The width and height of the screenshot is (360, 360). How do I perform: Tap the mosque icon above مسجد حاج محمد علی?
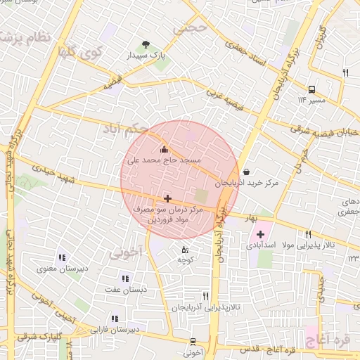tap(165, 149)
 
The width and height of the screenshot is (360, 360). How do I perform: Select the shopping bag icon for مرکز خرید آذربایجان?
tap(245, 172)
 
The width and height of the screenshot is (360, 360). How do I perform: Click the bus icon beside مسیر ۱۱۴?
tap(311, 89)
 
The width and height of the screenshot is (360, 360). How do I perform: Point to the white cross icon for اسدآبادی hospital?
tap(260, 234)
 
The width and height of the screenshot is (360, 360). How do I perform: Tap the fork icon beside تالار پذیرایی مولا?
tap(308, 234)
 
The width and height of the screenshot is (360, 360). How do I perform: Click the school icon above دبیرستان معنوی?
tap(62, 257)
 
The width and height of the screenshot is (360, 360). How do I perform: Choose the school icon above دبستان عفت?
tap(126, 278)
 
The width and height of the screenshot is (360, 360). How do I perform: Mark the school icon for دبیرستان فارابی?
tap(115, 319)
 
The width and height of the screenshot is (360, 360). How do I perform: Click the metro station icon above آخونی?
tap(193, 342)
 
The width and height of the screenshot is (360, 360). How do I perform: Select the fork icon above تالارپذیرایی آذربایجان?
tap(205, 297)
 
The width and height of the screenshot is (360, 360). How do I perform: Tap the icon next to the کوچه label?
tap(185, 250)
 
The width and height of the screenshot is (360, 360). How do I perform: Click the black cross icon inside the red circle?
tap(167, 199)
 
